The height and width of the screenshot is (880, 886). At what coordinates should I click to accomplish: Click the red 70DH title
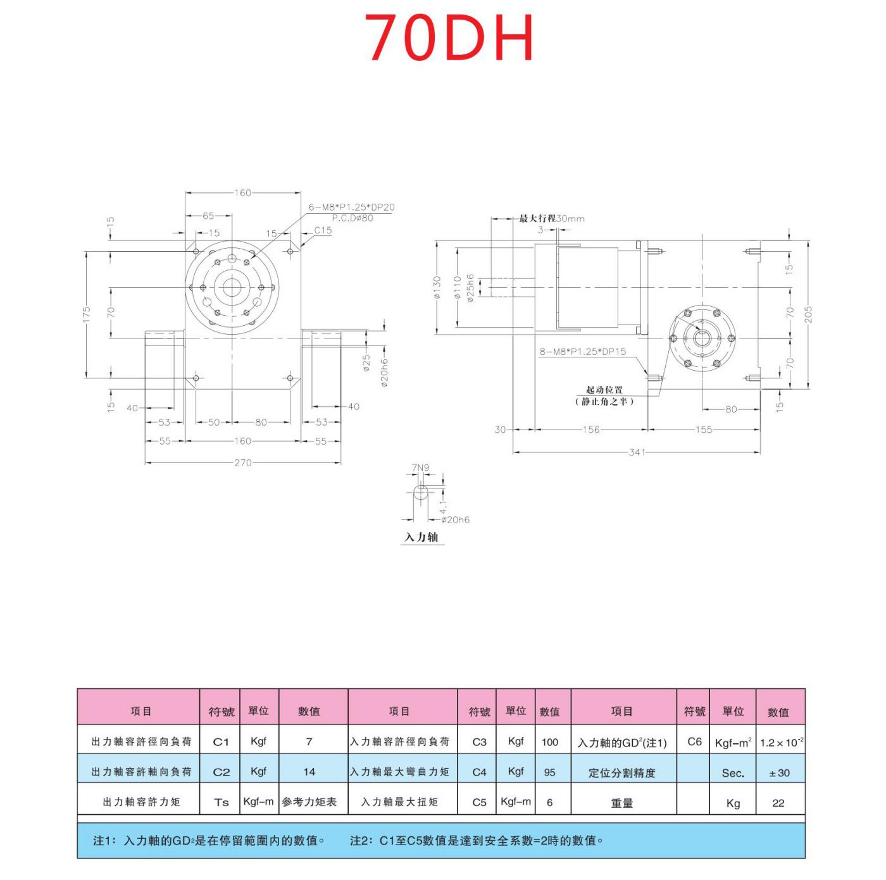point(450,38)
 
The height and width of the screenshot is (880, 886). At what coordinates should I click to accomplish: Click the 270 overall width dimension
point(243,462)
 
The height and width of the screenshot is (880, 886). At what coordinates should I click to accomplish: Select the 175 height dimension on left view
point(87,314)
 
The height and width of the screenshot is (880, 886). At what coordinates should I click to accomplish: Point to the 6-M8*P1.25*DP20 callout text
point(351,207)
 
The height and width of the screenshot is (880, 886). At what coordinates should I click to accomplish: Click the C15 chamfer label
point(323,230)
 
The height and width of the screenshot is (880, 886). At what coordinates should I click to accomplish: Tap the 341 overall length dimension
point(637,452)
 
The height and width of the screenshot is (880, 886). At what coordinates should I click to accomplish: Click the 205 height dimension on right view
point(808,314)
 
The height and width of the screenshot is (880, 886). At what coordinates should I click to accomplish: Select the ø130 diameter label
point(437,288)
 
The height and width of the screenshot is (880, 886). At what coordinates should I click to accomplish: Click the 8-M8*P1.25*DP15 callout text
point(582,352)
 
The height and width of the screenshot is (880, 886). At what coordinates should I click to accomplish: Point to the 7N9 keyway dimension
point(420,468)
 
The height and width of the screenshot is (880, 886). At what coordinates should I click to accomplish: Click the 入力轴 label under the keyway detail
point(421,537)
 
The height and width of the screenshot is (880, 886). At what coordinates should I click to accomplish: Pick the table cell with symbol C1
point(220,741)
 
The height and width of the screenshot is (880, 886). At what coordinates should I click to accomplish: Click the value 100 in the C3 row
point(549,741)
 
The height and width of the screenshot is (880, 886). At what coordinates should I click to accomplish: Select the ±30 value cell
point(779,772)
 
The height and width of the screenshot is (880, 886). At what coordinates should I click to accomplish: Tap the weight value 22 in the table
point(778,803)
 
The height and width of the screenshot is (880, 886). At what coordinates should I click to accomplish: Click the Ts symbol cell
point(221,802)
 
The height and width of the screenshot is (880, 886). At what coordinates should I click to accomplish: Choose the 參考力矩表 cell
point(309,802)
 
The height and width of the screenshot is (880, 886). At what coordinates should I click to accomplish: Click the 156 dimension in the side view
point(590,430)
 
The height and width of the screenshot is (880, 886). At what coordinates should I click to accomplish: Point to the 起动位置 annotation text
point(604,390)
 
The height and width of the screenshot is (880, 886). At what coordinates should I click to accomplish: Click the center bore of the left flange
point(232,288)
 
